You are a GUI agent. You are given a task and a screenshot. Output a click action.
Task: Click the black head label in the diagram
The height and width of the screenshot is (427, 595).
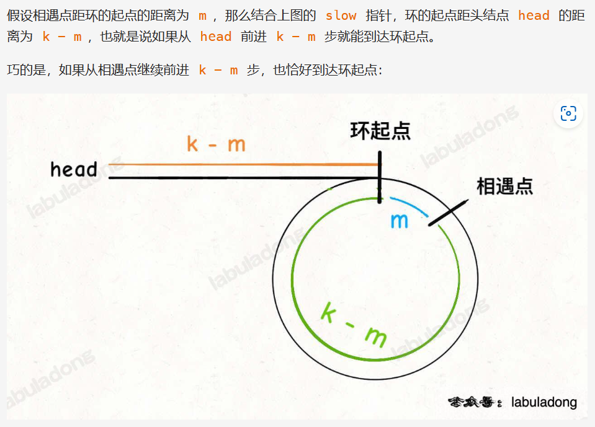click(74, 169)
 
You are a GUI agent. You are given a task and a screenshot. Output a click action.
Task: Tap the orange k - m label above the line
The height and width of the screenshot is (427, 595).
click(216, 144)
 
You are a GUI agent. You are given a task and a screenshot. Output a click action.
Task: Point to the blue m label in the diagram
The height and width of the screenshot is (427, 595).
click(399, 221)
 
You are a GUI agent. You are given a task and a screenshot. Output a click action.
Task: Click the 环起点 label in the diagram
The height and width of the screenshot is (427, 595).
click(380, 130)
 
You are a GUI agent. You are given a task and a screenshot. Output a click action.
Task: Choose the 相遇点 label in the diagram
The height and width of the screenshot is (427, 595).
click(504, 186)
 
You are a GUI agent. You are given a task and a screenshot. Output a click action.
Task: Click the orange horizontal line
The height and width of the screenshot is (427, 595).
click(242, 164)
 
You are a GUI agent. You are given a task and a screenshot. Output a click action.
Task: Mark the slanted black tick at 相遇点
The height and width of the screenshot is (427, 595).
click(447, 212)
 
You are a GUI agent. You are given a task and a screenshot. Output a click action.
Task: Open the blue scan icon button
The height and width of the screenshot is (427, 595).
click(568, 113)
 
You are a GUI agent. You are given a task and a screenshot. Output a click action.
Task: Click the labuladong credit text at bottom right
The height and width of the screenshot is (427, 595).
click(544, 402)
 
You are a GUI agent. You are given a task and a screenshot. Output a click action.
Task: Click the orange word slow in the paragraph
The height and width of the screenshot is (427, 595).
click(341, 15)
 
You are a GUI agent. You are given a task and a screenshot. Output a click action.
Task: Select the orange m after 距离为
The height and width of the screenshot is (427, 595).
click(203, 15)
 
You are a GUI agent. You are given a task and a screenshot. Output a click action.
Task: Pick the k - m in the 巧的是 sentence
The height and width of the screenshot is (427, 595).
click(218, 70)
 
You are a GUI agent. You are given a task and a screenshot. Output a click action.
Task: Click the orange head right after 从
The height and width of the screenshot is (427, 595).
click(215, 37)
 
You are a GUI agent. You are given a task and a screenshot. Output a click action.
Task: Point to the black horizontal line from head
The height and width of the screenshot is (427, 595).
click(242, 178)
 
